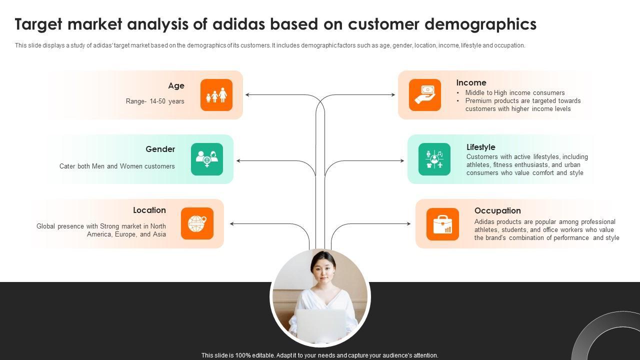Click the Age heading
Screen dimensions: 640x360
click(176, 86)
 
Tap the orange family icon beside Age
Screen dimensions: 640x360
click(216, 95)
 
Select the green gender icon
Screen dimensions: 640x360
click(207, 159)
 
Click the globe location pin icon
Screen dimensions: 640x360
click(197, 223)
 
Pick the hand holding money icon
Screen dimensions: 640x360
click(424, 95)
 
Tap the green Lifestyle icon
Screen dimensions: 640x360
click(434, 159)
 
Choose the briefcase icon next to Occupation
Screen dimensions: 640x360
click(442, 224)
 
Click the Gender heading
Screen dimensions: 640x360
click(160, 149)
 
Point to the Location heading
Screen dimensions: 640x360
click(149, 210)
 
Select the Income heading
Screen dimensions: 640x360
click(471, 83)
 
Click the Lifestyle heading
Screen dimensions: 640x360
click(480, 147)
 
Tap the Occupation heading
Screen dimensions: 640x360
click(497, 211)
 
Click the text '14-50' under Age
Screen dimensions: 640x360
click(158, 101)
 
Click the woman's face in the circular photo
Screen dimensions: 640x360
click(320, 270)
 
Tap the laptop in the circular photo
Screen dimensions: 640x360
click(320, 324)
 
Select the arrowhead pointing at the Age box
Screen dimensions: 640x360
click(247, 94)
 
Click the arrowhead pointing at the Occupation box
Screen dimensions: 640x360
click(408, 224)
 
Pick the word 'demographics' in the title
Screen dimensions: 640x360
click(480, 24)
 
